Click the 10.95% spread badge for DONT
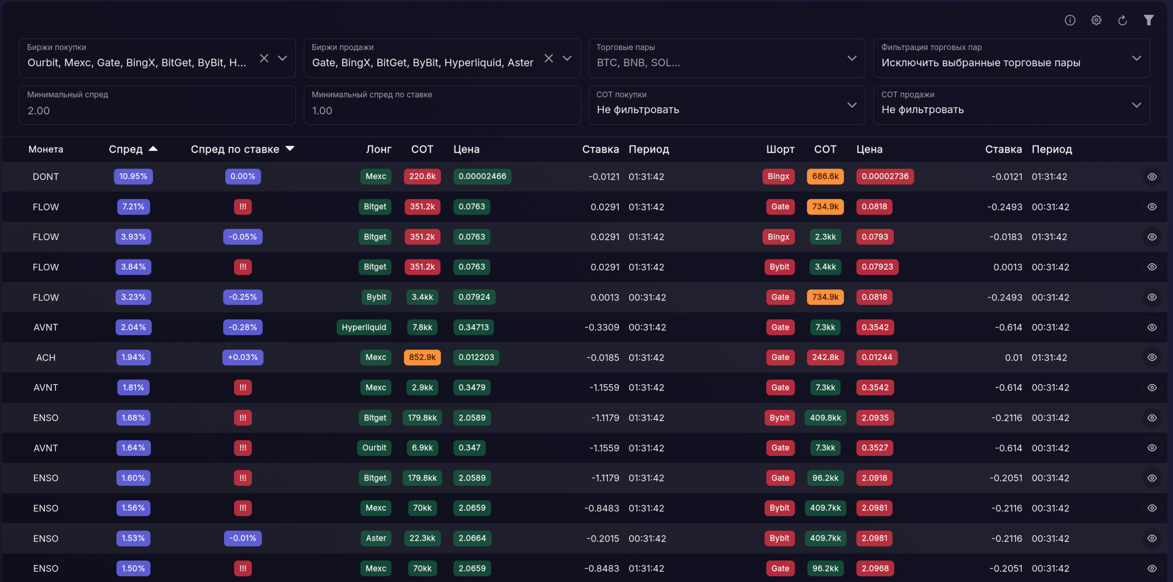133,176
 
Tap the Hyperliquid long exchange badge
364,327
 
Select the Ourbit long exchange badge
374,448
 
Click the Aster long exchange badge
376,538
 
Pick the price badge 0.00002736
885,176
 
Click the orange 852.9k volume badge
422,357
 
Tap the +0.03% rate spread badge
243,357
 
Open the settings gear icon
1096,20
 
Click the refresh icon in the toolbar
1122,20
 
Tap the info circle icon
1070,20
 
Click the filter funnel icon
1149,20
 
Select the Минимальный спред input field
157,105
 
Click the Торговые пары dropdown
727,58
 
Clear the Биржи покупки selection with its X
264,58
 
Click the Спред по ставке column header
235,149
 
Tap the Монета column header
46,149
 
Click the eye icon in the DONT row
1152,176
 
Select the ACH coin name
46,357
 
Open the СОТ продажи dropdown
1011,105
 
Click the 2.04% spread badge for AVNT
133,327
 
